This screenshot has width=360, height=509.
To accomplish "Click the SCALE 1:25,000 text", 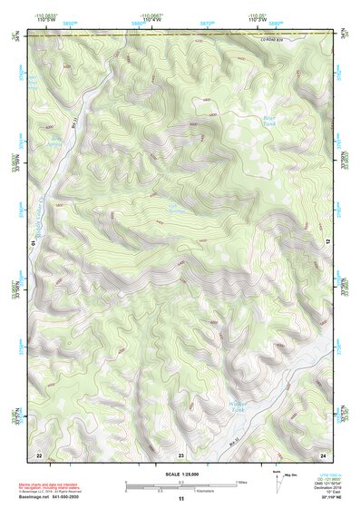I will [x=180, y=474].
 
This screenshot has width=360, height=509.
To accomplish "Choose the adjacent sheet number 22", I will [x=38, y=454].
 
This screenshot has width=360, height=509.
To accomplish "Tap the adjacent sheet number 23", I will [x=180, y=454].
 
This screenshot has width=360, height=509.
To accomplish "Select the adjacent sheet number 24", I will [x=322, y=454].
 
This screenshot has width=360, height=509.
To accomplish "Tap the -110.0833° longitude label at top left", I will [x=44, y=14].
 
